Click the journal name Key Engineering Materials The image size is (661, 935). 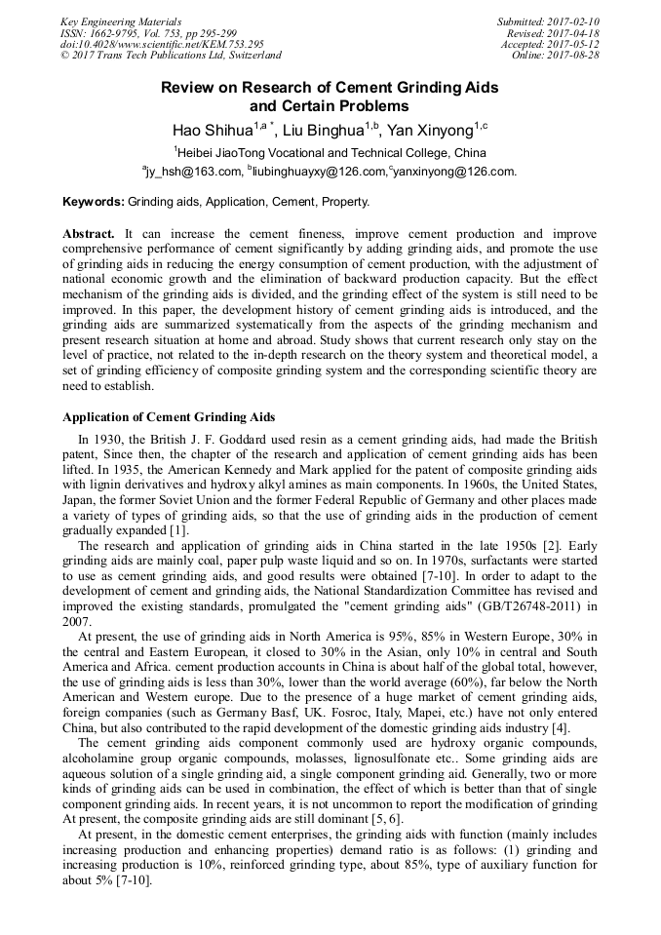pyautogui.click(x=120, y=20)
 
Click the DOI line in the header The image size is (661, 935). pyautogui.click(x=162, y=44)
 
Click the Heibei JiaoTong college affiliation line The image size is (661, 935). pyautogui.click(x=329, y=151)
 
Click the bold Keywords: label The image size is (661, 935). pyautogui.click(x=94, y=202)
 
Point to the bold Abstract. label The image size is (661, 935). pyautogui.click(x=90, y=235)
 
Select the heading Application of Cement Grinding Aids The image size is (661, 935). pyautogui.click(x=168, y=417)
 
